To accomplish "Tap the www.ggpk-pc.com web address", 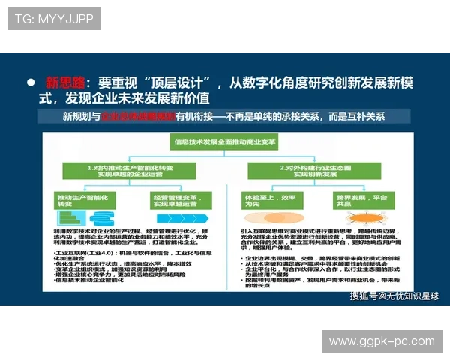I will [382, 342].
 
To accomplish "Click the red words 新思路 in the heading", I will [65, 82].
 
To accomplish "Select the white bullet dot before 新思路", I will [31, 82].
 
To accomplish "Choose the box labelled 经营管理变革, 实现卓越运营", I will [181, 199].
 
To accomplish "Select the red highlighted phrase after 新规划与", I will [136, 117].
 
